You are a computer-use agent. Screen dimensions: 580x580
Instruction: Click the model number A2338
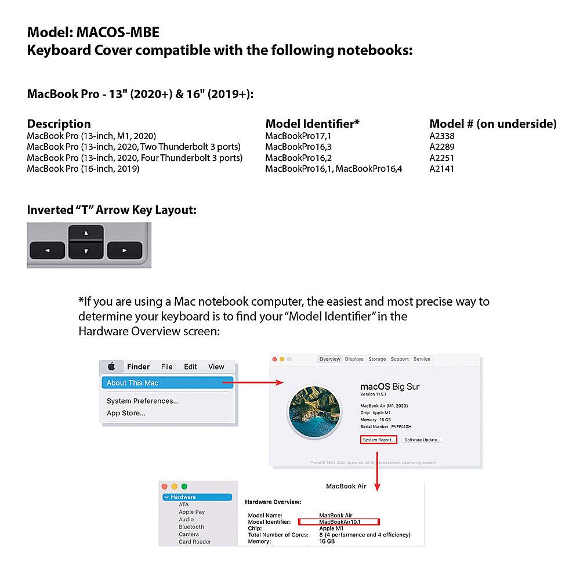pyautogui.click(x=441, y=136)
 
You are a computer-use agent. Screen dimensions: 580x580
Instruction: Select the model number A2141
pyautogui.click(x=441, y=169)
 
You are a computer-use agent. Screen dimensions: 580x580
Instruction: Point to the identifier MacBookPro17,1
pyautogui.click(x=298, y=136)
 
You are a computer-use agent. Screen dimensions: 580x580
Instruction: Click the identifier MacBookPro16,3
pyautogui.click(x=298, y=147)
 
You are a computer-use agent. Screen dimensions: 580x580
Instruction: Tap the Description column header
pyautogui.click(x=59, y=124)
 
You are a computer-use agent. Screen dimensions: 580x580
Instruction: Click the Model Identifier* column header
pyautogui.click(x=312, y=124)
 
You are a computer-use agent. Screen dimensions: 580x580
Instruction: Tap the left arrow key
pyautogui.click(x=47, y=251)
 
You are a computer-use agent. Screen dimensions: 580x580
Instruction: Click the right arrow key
pyautogui.click(x=125, y=251)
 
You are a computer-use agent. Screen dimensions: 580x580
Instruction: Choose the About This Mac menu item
pyautogui.click(x=132, y=383)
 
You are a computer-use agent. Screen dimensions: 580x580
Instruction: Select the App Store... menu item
pyautogui.click(x=126, y=413)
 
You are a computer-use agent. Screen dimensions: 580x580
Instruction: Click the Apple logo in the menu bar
pyautogui.click(x=111, y=367)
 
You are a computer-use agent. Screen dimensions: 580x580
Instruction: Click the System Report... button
pyautogui.click(x=379, y=440)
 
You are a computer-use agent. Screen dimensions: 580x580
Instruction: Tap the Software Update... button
pyautogui.click(x=422, y=440)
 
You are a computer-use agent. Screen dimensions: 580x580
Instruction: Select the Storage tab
pyautogui.click(x=377, y=359)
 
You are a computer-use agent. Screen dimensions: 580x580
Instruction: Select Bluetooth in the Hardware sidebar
pyautogui.click(x=191, y=527)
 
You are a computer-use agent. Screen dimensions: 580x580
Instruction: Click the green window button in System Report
pyautogui.click(x=184, y=486)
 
